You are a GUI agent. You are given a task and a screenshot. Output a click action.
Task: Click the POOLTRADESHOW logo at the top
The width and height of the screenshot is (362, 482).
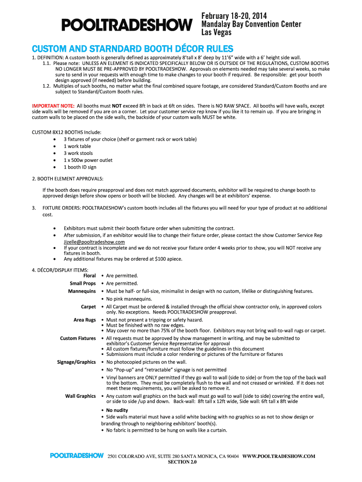pyautogui.click(x=126, y=24)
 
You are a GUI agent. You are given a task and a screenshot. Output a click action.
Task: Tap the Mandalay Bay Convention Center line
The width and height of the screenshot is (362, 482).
pyautogui.click(x=251, y=24)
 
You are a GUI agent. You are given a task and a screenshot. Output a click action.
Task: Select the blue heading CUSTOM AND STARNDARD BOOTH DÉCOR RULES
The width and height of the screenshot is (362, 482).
pyautogui.click(x=132, y=49)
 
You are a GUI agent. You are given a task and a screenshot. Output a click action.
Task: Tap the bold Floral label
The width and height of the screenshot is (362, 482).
pyautogui.click(x=89, y=275)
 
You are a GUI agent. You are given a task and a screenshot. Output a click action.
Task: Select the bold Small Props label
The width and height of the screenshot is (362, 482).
pyautogui.click(x=83, y=283)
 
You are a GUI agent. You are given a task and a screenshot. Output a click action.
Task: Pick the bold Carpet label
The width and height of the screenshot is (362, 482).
pyautogui.click(x=88, y=307)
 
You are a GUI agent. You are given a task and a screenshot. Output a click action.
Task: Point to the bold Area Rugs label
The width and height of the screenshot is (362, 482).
pyautogui.click(x=85, y=320)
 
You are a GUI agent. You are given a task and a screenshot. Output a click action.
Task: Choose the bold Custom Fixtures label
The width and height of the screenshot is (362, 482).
pyautogui.click(x=78, y=338)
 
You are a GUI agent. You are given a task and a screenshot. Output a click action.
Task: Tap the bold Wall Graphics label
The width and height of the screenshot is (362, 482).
pyautogui.click(x=80, y=396)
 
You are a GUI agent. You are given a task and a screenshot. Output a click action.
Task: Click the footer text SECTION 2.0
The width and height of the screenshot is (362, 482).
pyautogui.click(x=182, y=462)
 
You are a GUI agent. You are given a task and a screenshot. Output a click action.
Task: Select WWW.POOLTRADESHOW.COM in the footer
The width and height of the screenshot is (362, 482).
pyautogui.click(x=279, y=456)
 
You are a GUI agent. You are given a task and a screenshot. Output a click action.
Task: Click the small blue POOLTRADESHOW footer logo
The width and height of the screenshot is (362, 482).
pyautogui.click(x=77, y=456)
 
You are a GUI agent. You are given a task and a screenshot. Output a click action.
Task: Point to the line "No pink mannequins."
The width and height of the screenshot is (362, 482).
pyautogui.click(x=129, y=299)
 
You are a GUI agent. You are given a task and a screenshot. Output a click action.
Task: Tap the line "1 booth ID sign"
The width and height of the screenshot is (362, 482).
pyautogui.click(x=80, y=167)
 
